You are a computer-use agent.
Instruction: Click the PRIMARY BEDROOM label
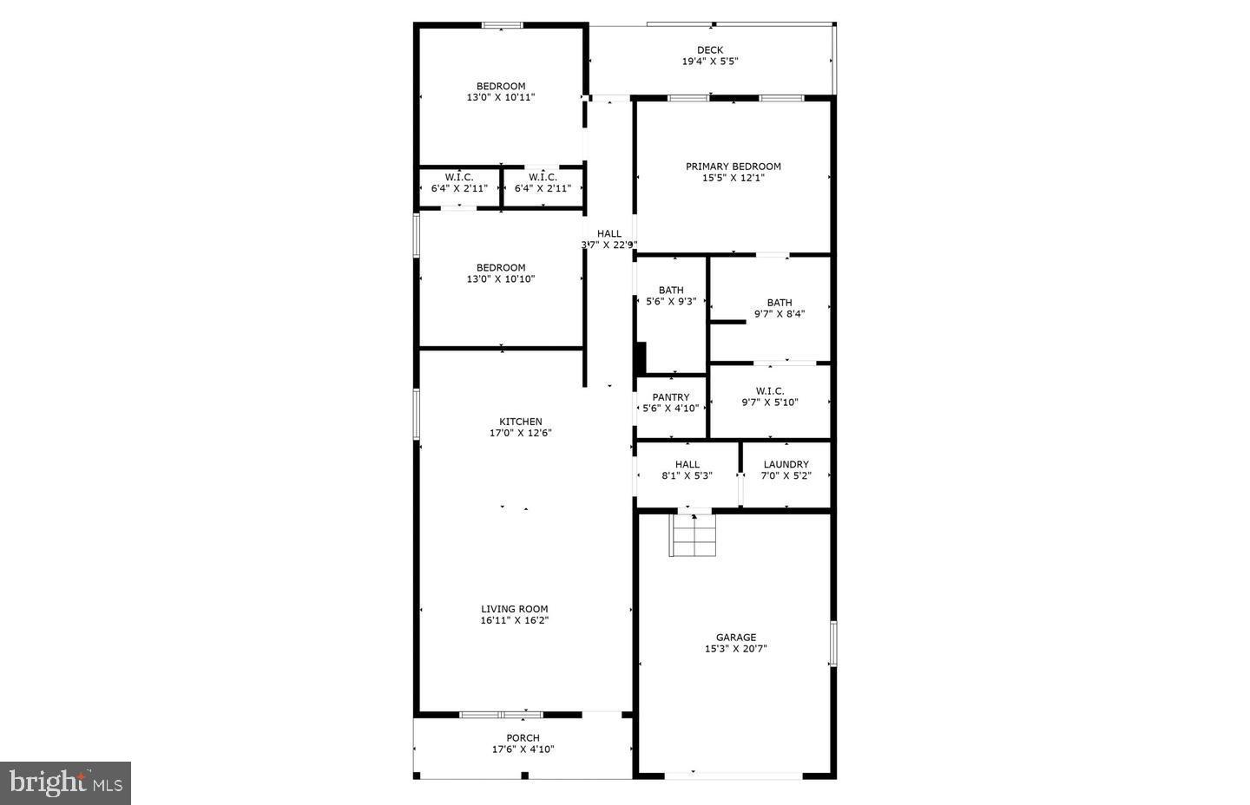(x=734, y=167)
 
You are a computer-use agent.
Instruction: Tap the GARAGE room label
(x=736, y=637)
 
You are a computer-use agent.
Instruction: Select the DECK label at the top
(x=710, y=50)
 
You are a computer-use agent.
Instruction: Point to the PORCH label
(x=523, y=738)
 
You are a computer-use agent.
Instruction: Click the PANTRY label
(x=671, y=397)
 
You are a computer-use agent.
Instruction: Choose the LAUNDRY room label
(x=786, y=465)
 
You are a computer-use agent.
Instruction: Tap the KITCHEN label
(x=521, y=422)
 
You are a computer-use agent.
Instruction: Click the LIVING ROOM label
(x=515, y=609)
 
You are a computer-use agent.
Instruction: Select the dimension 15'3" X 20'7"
(x=736, y=649)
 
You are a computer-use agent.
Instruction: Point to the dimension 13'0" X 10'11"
(x=501, y=98)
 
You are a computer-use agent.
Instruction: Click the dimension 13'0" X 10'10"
(x=501, y=279)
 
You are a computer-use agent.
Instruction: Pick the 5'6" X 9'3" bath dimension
(x=671, y=302)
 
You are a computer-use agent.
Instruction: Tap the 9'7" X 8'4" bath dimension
(x=780, y=314)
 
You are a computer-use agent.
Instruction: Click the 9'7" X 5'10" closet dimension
(x=770, y=402)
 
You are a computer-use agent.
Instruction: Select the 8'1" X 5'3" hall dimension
(x=687, y=476)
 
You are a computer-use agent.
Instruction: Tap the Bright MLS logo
(x=65, y=783)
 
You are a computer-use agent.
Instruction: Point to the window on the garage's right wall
(x=832, y=644)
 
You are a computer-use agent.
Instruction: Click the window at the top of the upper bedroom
(x=503, y=25)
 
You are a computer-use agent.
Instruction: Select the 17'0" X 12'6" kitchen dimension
(x=521, y=433)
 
